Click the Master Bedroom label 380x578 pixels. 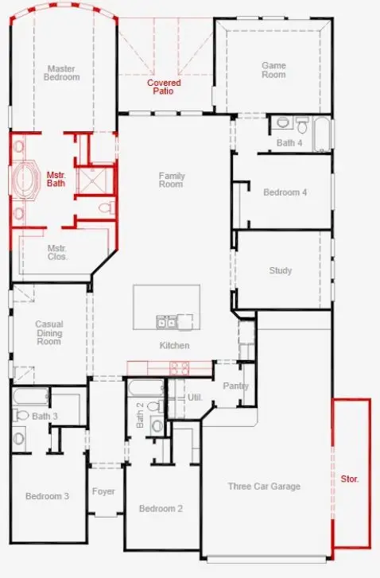[x=62, y=72]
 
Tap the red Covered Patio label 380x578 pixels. [x=164, y=87]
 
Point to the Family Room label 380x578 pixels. [x=171, y=180]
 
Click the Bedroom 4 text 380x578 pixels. [x=285, y=192]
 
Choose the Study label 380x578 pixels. [x=280, y=270]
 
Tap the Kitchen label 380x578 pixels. [x=174, y=345]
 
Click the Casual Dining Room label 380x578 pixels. [x=49, y=332]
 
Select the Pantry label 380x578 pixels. [x=235, y=386]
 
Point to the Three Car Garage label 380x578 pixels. [x=264, y=487]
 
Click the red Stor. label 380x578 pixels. [x=350, y=479]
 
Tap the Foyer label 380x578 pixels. [x=103, y=491]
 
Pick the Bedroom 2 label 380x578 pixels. [x=161, y=509]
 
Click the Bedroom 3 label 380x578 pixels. [x=47, y=496]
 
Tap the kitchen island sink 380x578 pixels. [x=166, y=321]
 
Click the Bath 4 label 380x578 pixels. [x=289, y=143]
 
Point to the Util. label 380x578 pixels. [x=195, y=397]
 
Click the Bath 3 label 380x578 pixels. [x=45, y=416]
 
